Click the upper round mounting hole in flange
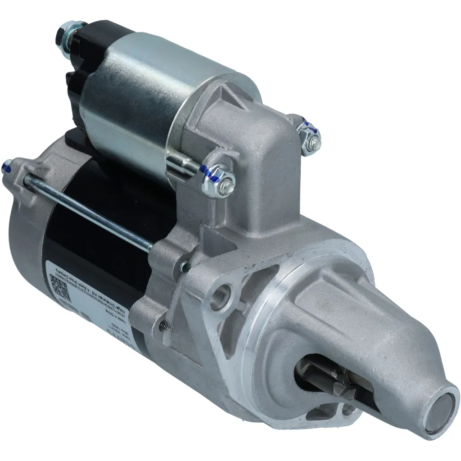pyautogui.click(x=222, y=294)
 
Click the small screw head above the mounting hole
pyautogui.click(x=183, y=267)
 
